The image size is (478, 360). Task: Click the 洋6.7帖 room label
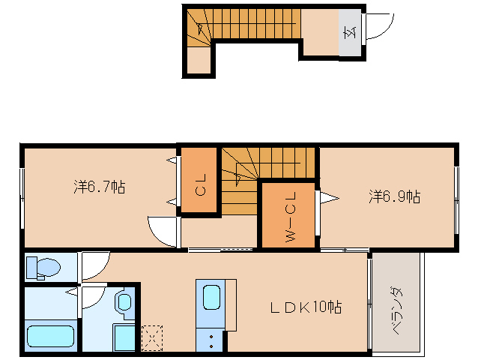[100, 187]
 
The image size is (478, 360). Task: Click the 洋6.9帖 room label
[394, 196]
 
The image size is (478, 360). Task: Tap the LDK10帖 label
[306, 307]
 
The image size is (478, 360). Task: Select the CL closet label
[200, 184]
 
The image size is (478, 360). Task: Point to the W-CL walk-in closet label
[290, 215]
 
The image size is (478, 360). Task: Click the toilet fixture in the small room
[46, 266]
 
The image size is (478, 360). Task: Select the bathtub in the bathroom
[50, 335]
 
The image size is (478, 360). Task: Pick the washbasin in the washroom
[124, 302]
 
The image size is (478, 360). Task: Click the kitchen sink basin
[211, 297]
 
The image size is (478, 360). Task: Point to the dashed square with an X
[151, 337]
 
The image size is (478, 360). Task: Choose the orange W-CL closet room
[289, 215]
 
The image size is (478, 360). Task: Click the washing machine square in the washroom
[123, 336]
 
